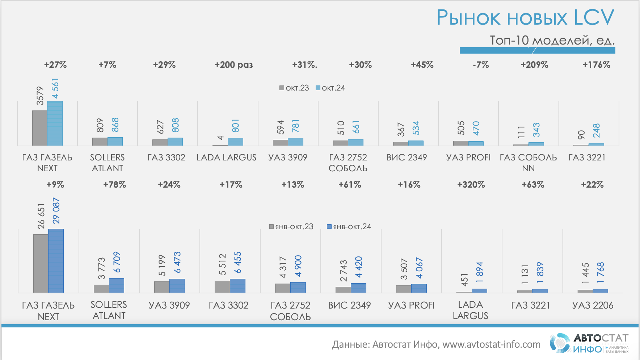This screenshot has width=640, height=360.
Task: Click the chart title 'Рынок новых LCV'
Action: point(525,17)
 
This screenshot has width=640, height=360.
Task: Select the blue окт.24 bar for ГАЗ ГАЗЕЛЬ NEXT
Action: point(55,123)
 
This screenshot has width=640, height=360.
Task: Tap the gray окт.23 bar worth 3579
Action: point(39,127)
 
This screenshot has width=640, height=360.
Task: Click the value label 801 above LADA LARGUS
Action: point(235,126)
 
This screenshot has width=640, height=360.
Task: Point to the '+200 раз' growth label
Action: point(233,65)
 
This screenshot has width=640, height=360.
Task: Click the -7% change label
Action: point(481,65)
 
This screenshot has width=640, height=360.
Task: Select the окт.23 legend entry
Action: point(294,88)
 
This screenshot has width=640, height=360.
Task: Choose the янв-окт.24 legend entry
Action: point(349,227)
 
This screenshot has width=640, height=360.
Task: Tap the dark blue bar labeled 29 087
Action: point(56,260)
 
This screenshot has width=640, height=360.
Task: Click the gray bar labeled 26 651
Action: point(41,263)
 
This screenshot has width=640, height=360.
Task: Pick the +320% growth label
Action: point(471,185)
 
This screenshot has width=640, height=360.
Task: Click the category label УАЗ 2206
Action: point(593,305)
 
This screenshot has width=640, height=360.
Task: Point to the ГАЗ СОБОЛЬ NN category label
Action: point(528,163)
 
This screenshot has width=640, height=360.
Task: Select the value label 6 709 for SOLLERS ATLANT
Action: point(117,262)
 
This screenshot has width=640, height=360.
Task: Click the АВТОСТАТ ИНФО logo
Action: point(589,343)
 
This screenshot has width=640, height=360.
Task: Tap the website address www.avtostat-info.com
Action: point(491,344)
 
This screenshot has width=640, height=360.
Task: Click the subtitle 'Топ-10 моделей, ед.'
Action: point(552,40)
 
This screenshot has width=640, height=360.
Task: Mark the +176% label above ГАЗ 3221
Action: point(596,65)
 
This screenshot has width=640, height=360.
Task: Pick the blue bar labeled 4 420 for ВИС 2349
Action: point(358,288)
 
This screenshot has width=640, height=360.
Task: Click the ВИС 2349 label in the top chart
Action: point(407,158)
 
